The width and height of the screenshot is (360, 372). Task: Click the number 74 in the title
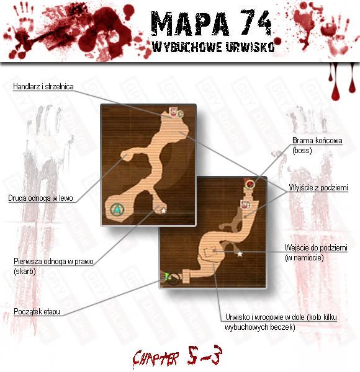coord(256,22)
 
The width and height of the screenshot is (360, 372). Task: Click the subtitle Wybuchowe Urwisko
coord(214,46)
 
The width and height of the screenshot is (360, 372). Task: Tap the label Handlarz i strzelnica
coord(43,86)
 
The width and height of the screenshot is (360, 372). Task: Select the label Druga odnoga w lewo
coord(40,198)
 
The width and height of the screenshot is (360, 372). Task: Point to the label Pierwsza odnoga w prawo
coord(53,262)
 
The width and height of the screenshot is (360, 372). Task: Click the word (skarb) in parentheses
coord(25,271)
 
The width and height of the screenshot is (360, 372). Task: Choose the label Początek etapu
coord(37,311)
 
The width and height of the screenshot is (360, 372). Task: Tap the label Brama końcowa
coord(317,141)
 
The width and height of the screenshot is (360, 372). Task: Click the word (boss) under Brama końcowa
coord(302,151)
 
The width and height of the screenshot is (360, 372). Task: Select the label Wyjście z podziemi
coord(318,188)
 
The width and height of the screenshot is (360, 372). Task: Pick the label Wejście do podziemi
coord(316,248)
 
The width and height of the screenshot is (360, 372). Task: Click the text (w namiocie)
coord(304,258)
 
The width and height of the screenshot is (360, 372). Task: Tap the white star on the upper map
coord(164,210)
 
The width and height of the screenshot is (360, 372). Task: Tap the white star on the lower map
coord(240,254)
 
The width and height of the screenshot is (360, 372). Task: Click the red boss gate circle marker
coord(250,184)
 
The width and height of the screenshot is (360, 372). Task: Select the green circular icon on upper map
coord(117,210)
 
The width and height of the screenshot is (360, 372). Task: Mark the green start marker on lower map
coord(167,276)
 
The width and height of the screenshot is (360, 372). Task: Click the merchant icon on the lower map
coord(245,205)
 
